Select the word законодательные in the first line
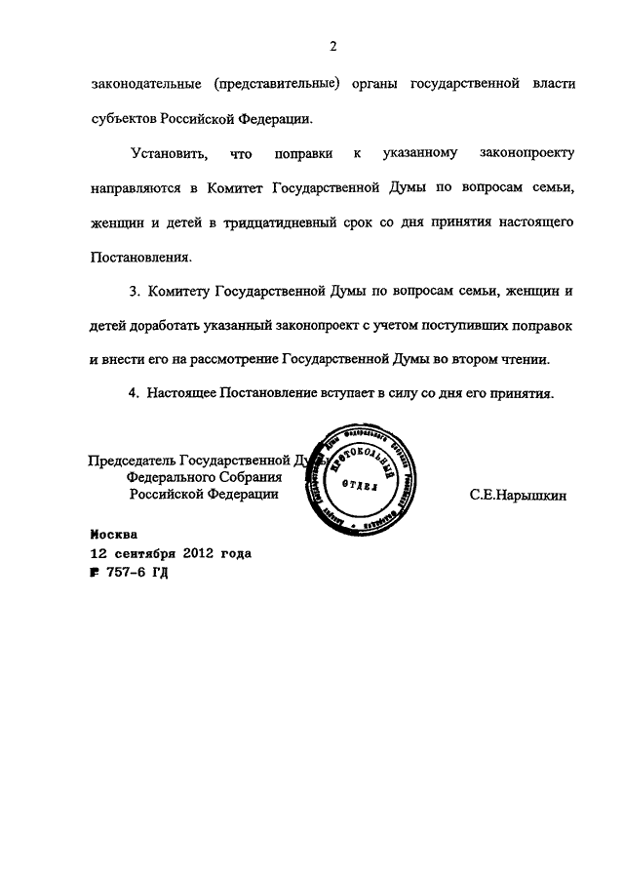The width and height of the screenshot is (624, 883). pos(146,84)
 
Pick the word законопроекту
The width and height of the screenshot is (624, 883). pos(528,154)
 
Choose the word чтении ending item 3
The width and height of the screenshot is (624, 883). pos(526,358)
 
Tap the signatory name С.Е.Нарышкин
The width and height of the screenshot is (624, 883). pos(518,496)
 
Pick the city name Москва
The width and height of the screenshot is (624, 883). pos(114,535)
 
